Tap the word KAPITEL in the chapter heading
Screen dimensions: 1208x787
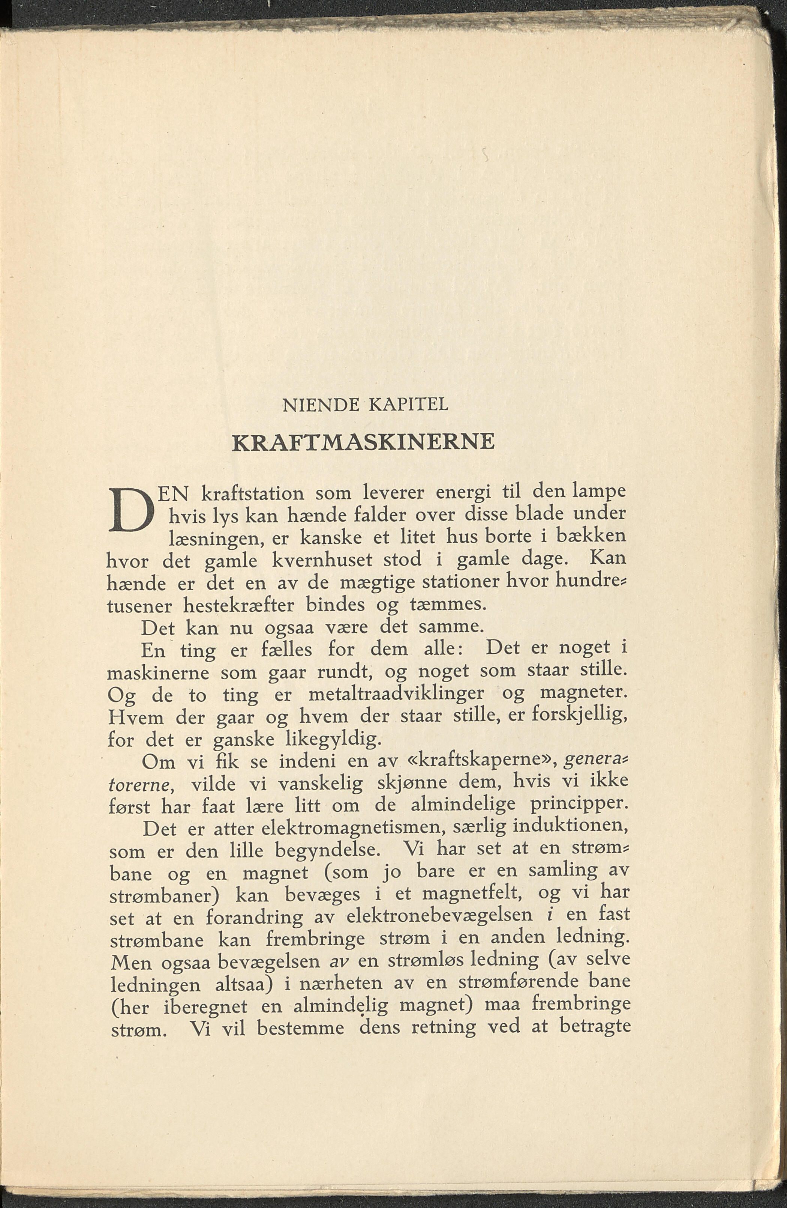pyautogui.click(x=408, y=405)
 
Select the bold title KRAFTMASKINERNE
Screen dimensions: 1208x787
pyautogui.click(x=363, y=442)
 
